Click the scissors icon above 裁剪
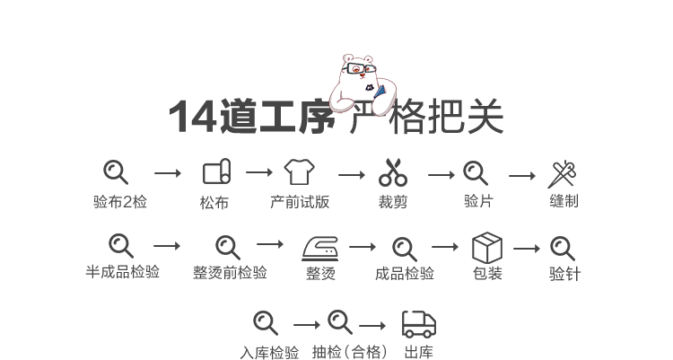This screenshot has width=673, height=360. click(393, 171)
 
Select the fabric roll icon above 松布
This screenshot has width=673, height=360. click(216, 171)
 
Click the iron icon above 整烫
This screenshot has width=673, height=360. click(320, 246)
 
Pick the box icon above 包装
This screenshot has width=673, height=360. click(487, 247)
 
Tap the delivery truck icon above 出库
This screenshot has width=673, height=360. click(418, 323)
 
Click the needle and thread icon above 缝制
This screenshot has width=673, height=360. click(564, 172)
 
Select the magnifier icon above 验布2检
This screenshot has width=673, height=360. click(116, 171)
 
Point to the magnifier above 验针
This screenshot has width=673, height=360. click(564, 247)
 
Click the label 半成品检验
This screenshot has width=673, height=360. click(123, 272)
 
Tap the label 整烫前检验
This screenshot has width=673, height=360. click(230, 272)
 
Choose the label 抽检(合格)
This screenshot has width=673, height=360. click(350, 352)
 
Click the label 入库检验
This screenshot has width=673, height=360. click(269, 352)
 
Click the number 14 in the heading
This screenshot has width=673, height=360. click(191, 118)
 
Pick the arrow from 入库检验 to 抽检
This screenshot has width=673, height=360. click(306, 325)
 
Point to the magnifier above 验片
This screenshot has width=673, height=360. click(476, 171)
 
